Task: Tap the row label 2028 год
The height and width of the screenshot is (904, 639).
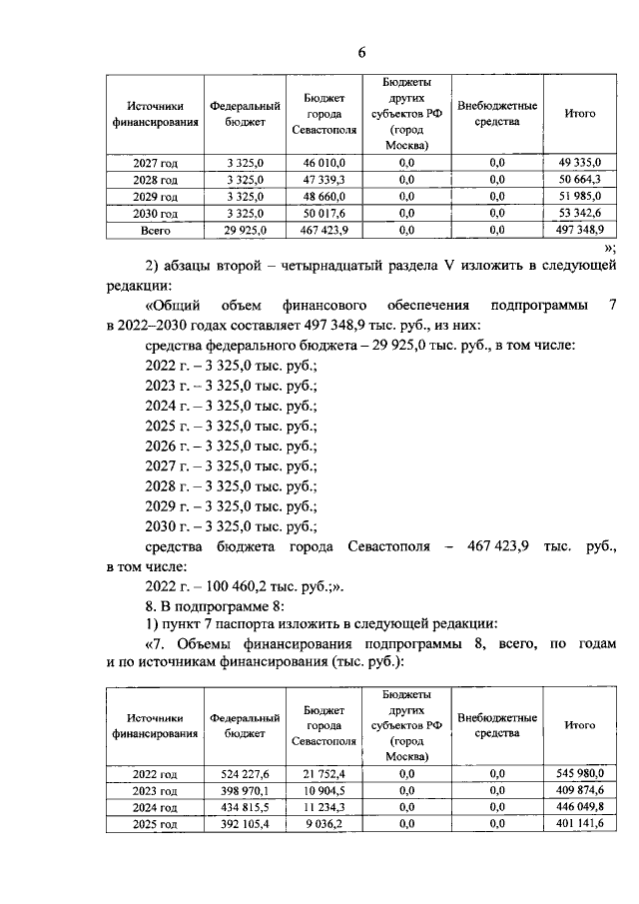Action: [x=155, y=180]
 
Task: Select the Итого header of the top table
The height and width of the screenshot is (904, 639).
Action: [x=580, y=114]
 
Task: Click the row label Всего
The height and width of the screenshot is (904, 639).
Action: [x=155, y=230]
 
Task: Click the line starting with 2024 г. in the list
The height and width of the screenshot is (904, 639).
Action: [x=231, y=407]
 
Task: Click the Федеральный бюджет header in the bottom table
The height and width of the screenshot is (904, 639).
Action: [x=238, y=725]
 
